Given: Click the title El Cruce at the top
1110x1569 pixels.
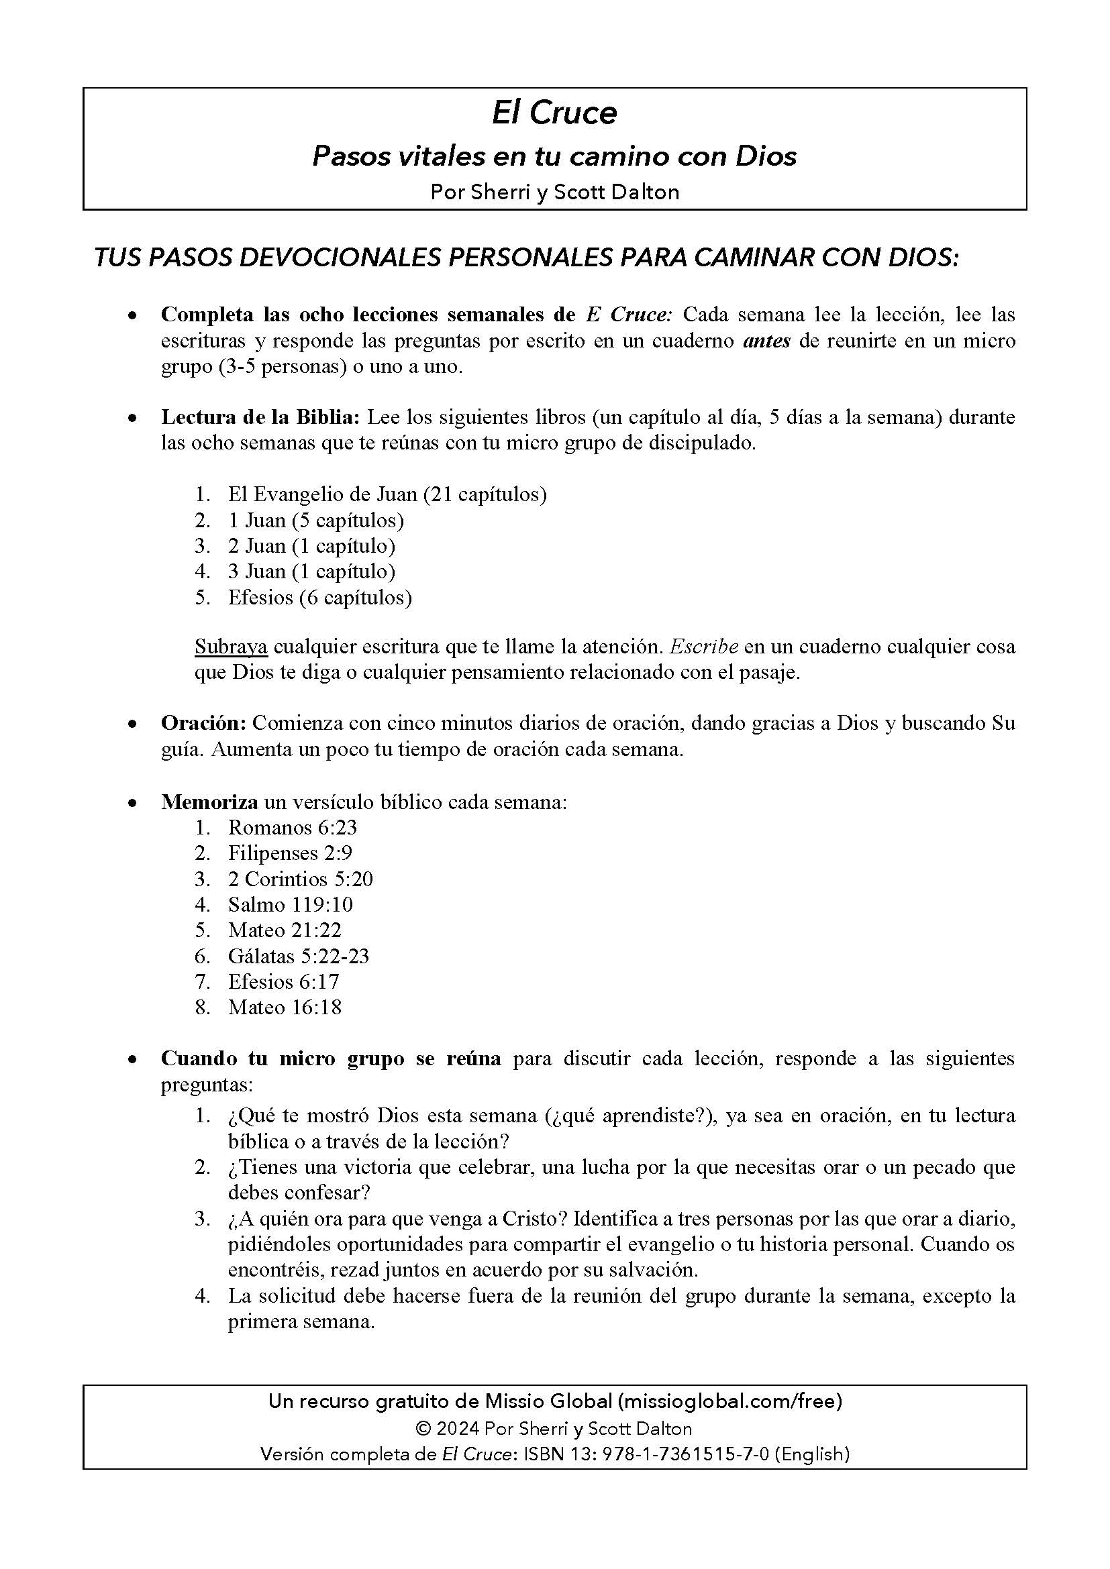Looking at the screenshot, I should (x=554, y=113).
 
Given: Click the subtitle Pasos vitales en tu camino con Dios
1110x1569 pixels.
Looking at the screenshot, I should (x=554, y=156).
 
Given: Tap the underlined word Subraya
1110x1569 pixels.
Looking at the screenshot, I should (x=231, y=647).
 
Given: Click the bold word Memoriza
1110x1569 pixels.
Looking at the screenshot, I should (x=209, y=802).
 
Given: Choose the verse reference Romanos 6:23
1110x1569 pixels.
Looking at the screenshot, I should (x=293, y=828).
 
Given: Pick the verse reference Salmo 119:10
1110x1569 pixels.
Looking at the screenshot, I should (x=291, y=905).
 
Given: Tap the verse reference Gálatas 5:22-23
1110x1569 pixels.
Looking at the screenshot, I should (x=299, y=956).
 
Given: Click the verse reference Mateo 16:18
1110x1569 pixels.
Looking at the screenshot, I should (x=285, y=1008).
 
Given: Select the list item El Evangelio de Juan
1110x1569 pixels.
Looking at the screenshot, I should (x=387, y=494).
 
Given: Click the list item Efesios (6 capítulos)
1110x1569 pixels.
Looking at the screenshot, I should (x=320, y=597).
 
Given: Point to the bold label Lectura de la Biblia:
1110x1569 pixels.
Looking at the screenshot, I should (x=260, y=417).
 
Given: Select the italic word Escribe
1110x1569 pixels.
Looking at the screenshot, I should (x=703, y=647).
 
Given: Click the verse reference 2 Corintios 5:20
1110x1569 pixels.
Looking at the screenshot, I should (x=301, y=879).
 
